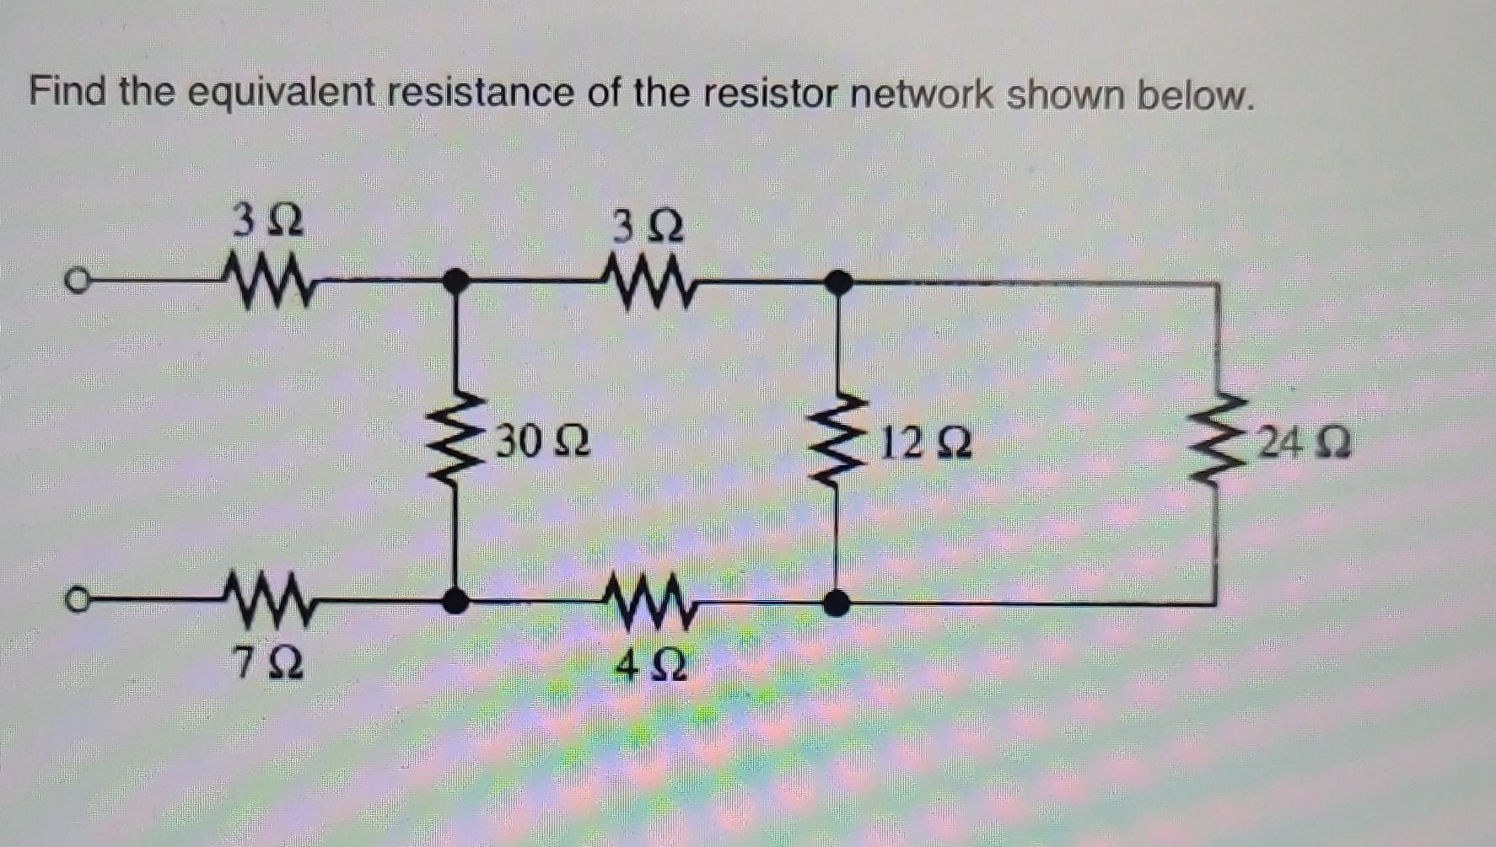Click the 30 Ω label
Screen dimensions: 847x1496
pyautogui.click(x=542, y=441)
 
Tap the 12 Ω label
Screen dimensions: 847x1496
pyautogui.click(x=925, y=442)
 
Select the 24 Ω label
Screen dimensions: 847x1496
pyautogui.click(x=1304, y=442)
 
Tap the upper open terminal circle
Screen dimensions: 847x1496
pyautogui.click(x=77, y=281)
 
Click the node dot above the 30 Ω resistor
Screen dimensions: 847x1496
pyautogui.click(x=456, y=281)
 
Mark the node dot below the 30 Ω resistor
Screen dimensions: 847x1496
pyautogui.click(x=455, y=601)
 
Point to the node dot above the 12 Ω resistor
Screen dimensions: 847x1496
pyautogui.click(x=837, y=282)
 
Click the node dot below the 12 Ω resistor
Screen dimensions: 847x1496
pyautogui.click(x=836, y=603)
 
